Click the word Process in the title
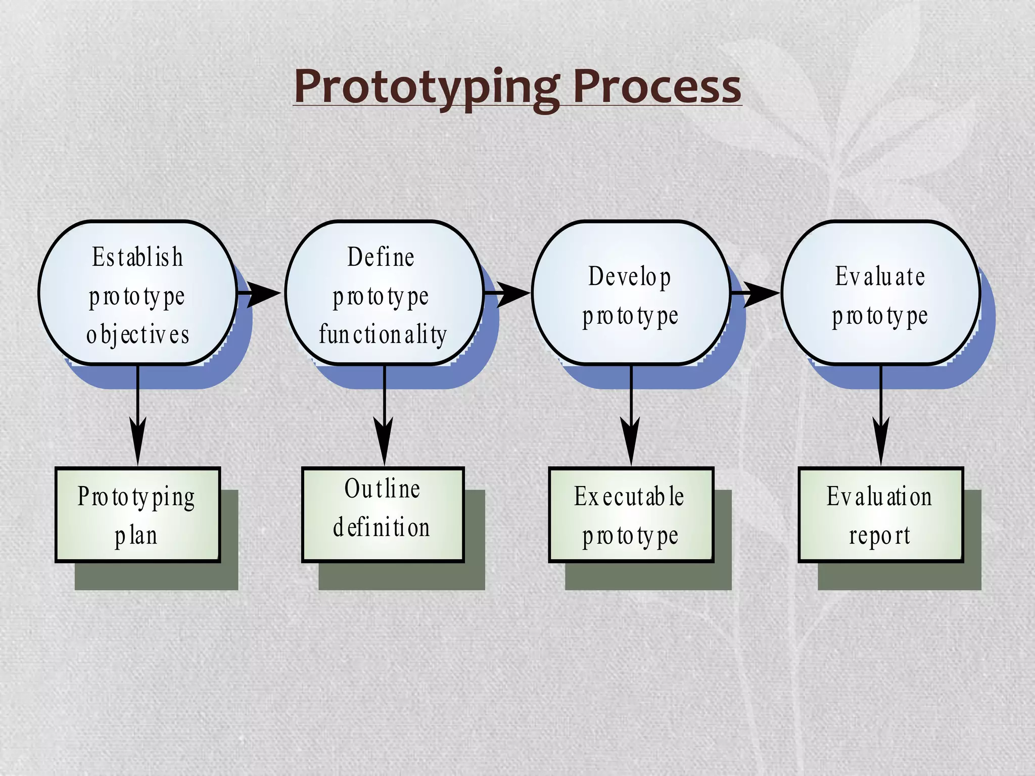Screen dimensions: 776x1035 point(657,87)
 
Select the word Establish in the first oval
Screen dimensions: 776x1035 point(137,257)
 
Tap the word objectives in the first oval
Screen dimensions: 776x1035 point(137,334)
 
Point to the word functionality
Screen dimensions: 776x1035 point(383,334)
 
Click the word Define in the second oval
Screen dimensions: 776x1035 point(381,257)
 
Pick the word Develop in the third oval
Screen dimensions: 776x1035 point(630,276)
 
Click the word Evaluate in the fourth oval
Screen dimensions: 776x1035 point(880,276)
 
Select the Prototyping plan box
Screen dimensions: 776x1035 point(137,515)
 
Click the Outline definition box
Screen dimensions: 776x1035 point(383,515)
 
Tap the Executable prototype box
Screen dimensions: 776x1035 point(631,515)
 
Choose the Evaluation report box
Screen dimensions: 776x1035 point(880,515)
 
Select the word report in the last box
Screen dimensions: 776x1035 point(879,536)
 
